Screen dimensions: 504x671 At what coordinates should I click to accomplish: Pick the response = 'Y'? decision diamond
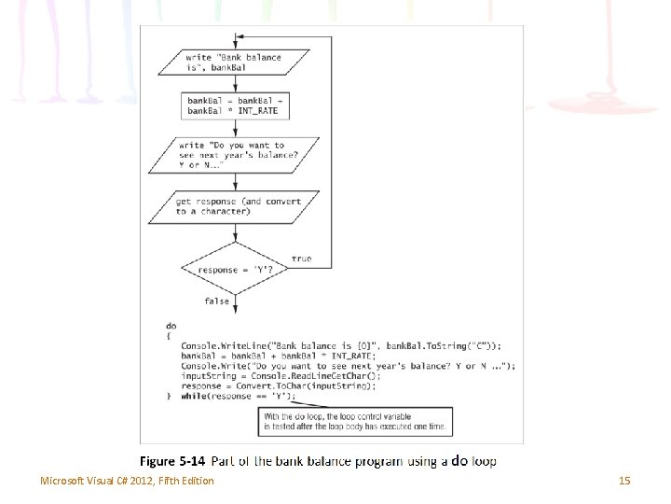tap(232, 270)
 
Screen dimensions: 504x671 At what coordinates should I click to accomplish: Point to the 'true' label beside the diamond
tap(302, 259)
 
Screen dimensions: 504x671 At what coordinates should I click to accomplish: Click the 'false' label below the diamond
tap(216, 301)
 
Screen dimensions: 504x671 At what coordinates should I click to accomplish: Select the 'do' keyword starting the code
tap(171, 326)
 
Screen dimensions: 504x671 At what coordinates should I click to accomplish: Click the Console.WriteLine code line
tap(340, 346)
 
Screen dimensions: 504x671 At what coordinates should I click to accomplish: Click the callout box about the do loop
tap(356, 422)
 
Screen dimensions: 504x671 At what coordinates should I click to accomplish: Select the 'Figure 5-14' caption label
tap(171, 461)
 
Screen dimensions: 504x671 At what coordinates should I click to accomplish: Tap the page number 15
tap(624, 481)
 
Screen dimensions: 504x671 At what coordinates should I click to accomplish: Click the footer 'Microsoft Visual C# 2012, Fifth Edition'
tap(127, 481)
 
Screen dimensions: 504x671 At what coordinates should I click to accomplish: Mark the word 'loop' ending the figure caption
tap(485, 461)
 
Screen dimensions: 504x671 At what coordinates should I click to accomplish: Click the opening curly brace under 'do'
tap(169, 336)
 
